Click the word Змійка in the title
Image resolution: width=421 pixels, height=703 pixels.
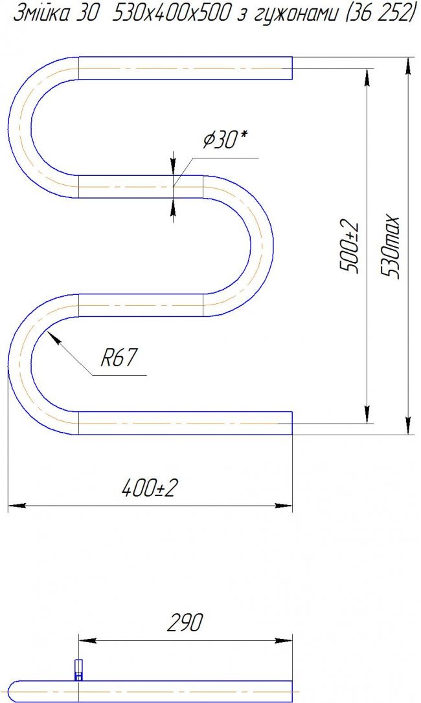(x=41, y=14)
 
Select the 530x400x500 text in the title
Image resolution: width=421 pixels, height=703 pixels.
(x=170, y=14)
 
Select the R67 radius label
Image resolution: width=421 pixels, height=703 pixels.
(x=118, y=358)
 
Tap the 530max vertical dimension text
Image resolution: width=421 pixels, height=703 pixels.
(x=389, y=246)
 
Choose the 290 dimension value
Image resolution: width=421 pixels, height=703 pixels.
(x=185, y=622)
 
